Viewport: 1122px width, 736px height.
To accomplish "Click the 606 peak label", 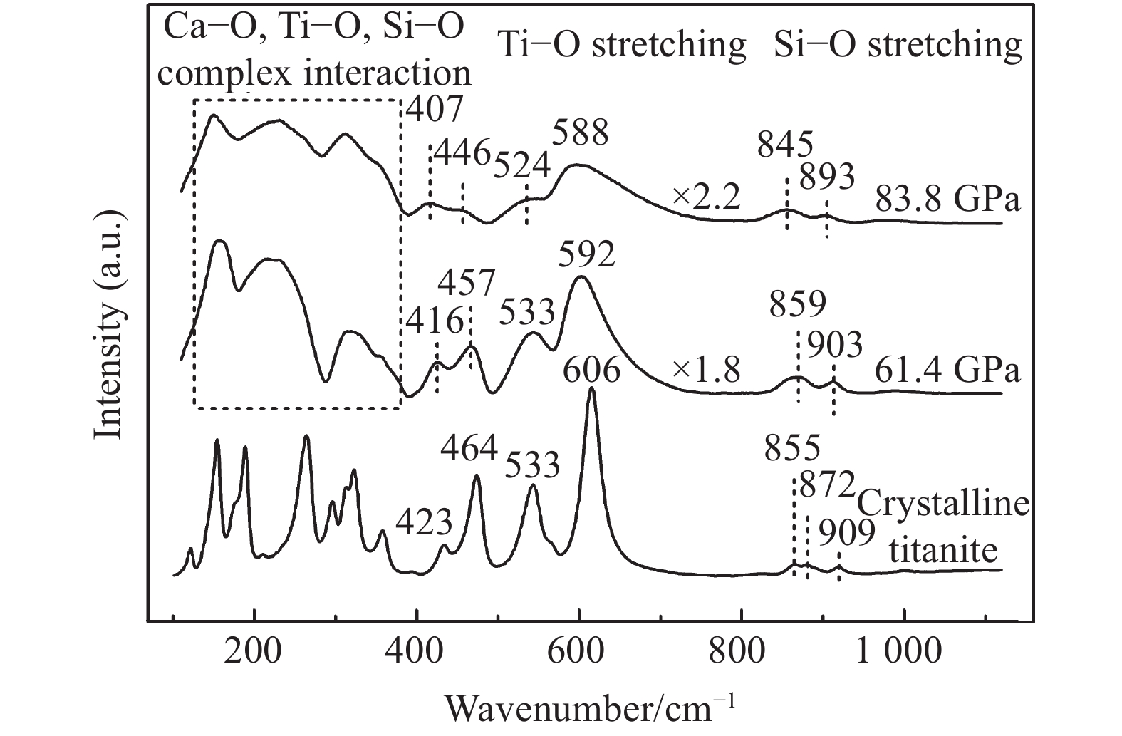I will click(591, 370).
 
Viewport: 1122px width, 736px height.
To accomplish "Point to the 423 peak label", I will click(424, 523).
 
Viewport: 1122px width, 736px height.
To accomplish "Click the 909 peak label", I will click(846, 533).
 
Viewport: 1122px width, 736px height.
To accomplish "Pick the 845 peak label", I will click(785, 147).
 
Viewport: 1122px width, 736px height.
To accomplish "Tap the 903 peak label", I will click(834, 345).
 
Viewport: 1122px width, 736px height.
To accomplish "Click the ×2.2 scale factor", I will click(705, 197).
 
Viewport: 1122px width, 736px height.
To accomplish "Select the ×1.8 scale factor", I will click(705, 370).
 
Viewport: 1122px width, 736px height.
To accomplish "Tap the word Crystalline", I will click(943, 505).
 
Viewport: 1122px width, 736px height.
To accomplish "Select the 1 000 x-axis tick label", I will click(903, 653).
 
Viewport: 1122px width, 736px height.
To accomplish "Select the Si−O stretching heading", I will click(898, 44).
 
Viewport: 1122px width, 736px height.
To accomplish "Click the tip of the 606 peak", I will click(592, 388).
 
